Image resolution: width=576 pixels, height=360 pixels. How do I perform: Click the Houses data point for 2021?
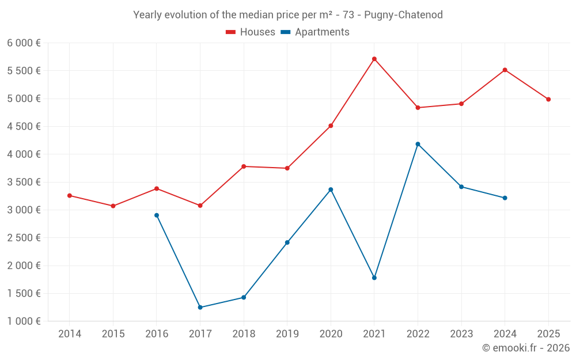tap(374, 59)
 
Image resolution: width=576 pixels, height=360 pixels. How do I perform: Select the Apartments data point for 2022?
tap(418, 144)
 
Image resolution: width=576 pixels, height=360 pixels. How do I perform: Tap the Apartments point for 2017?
tap(200, 307)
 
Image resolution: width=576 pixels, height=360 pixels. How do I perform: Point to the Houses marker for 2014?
tap(70, 196)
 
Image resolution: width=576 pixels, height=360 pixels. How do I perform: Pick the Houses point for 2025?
tap(548, 99)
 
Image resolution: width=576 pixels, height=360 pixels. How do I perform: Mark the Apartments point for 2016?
tap(157, 215)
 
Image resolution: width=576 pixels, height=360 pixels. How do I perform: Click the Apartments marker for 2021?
tap(374, 278)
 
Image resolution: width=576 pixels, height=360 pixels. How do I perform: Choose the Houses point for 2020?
tap(331, 126)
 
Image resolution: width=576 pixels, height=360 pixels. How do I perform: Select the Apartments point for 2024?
tap(505, 198)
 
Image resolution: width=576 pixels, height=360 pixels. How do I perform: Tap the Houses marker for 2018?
tap(244, 166)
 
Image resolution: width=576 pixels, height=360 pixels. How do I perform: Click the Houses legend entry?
tap(251, 32)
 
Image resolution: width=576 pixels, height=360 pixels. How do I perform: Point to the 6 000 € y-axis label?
tap(24, 43)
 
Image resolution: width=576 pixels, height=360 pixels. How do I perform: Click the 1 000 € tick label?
tap(24, 321)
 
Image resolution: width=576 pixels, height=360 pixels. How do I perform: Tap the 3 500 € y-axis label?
tap(24, 182)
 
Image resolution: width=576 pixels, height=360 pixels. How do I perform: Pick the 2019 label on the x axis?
tap(287, 334)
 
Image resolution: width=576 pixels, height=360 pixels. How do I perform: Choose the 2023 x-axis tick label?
tap(461, 334)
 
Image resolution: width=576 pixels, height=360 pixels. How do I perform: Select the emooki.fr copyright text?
tap(525, 348)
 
